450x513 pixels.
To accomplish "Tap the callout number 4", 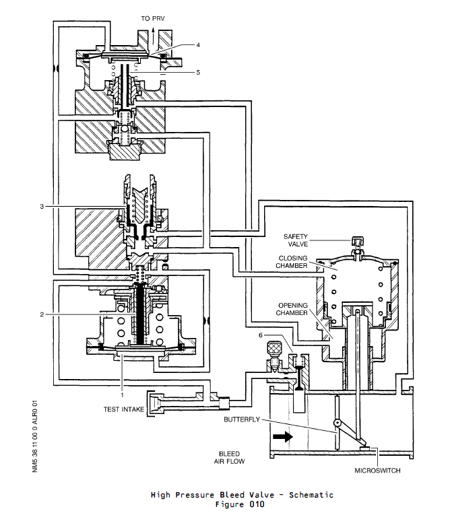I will click(199, 45).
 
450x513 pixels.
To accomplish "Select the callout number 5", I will click(199, 72).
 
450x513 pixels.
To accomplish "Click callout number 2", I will click(42, 314).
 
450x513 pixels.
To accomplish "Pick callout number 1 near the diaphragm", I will click(122, 387).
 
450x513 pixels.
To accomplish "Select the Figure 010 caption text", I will click(241, 504).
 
